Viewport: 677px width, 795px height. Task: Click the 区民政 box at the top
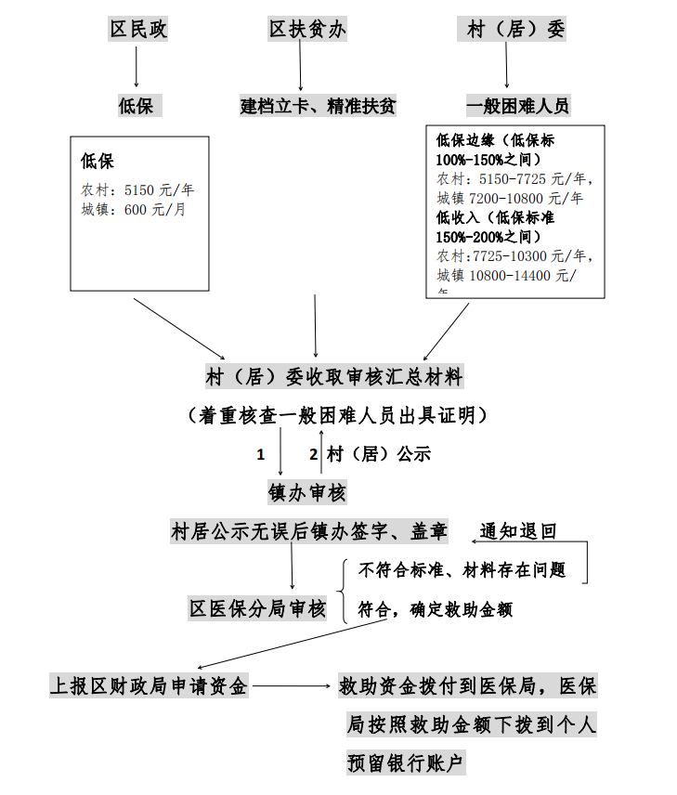(139, 29)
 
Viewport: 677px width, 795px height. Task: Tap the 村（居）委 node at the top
(516, 29)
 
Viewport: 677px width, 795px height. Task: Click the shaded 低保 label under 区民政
(138, 105)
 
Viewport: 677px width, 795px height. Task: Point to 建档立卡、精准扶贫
(318, 105)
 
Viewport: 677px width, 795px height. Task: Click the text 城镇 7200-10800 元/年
(510, 198)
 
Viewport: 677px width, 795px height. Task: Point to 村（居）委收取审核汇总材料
(333, 377)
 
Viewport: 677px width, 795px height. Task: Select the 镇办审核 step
(307, 492)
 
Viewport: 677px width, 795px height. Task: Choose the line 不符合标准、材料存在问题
(462, 568)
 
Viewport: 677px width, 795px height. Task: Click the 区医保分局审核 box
(257, 608)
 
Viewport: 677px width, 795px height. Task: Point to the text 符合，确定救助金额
(435, 609)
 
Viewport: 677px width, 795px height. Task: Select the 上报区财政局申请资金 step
(149, 686)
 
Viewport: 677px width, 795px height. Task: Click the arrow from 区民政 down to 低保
(137, 67)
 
